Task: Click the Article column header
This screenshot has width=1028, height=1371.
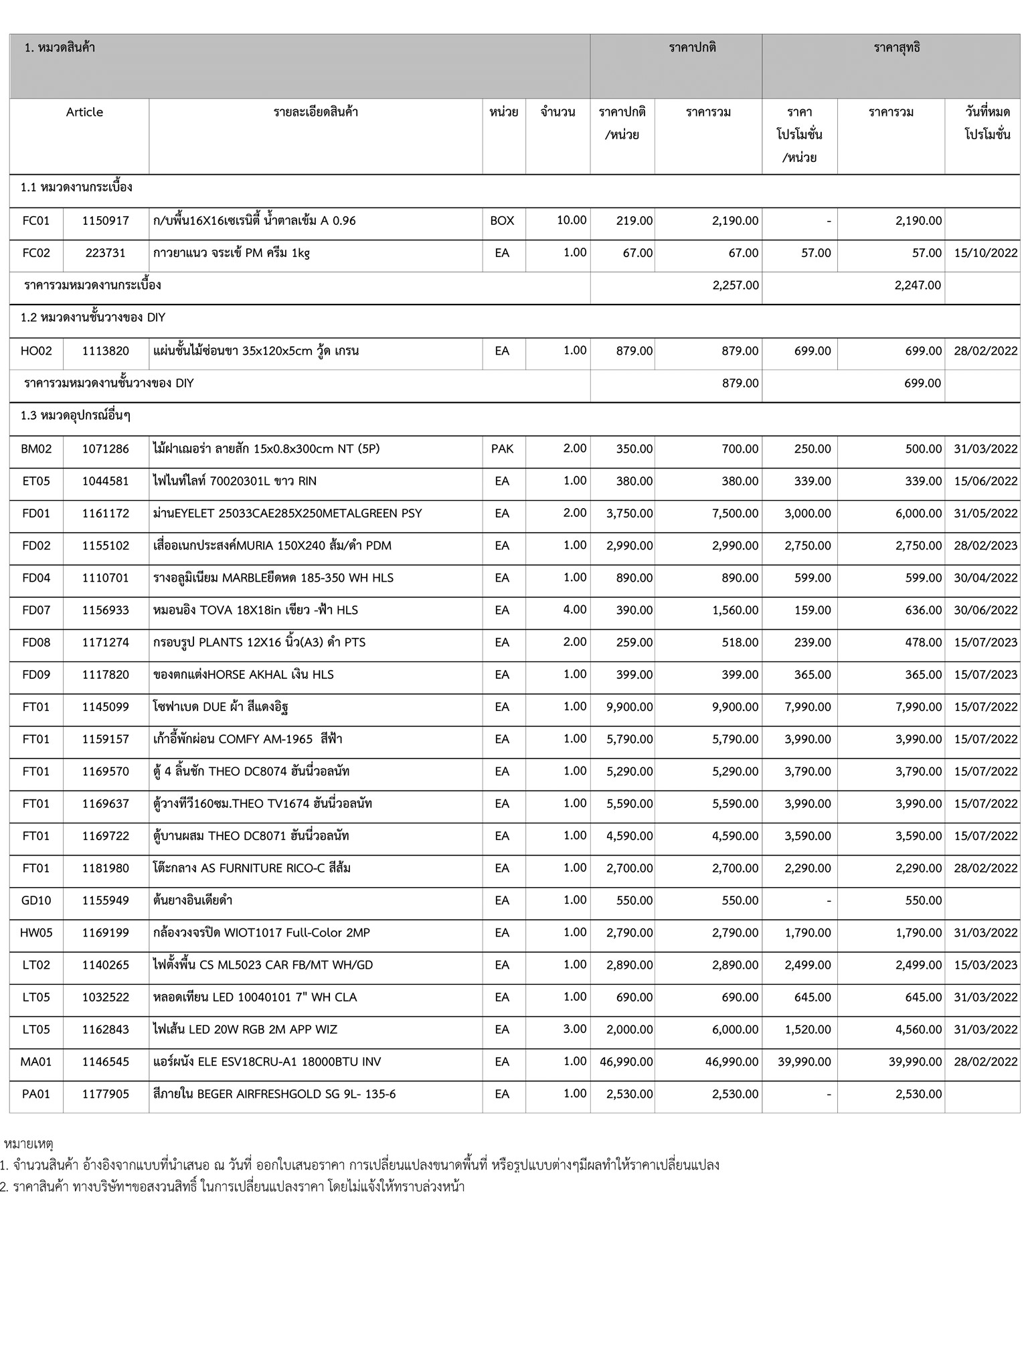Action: tap(84, 112)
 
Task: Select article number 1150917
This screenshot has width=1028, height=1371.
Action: tap(106, 221)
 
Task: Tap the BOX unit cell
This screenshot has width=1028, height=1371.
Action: tap(502, 221)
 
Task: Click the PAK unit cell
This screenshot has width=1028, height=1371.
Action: tap(502, 449)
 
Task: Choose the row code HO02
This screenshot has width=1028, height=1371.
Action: tap(36, 351)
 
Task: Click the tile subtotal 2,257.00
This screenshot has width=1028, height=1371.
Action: tap(736, 285)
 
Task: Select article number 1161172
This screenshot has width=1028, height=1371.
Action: tap(106, 513)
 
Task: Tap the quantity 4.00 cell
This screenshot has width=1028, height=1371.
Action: tap(574, 610)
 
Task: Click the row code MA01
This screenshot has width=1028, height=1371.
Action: tap(36, 1062)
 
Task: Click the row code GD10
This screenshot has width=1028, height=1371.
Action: tap(36, 900)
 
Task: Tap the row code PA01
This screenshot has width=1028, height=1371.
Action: tap(36, 1094)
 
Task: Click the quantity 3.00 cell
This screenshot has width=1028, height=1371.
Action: tap(574, 1029)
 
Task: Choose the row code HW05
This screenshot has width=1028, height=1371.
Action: tap(36, 933)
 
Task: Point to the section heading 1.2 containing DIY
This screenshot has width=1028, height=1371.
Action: tap(93, 318)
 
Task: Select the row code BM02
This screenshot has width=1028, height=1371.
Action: tap(36, 449)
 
